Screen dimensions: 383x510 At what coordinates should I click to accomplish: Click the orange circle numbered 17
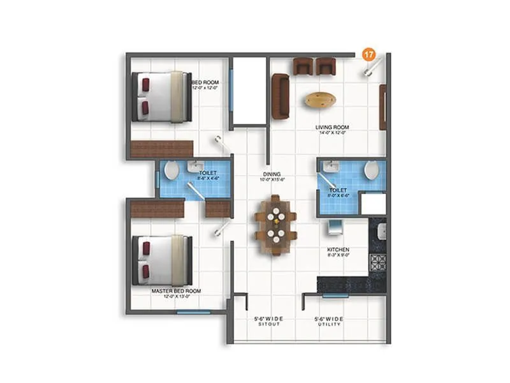pyautogui.click(x=368, y=55)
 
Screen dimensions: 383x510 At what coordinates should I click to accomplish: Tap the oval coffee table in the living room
pyautogui.click(x=320, y=99)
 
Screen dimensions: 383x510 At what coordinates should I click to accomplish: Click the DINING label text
pyautogui.click(x=273, y=173)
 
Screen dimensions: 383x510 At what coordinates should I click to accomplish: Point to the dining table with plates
pyautogui.click(x=275, y=225)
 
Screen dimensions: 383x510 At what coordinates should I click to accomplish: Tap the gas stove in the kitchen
pyautogui.click(x=379, y=263)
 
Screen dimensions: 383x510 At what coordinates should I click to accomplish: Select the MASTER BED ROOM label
pyautogui.click(x=176, y=291)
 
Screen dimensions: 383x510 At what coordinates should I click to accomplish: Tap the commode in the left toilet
pyautogui.click(x=170, y=171)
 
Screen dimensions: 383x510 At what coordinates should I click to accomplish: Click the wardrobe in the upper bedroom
pyautogui.click(x=161, y=149)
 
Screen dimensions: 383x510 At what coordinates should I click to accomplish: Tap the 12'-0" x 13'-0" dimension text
pyautogui.click(x=176, y=297)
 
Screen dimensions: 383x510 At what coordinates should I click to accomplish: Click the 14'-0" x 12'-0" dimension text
pyautogui.click(x=331, y=133)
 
